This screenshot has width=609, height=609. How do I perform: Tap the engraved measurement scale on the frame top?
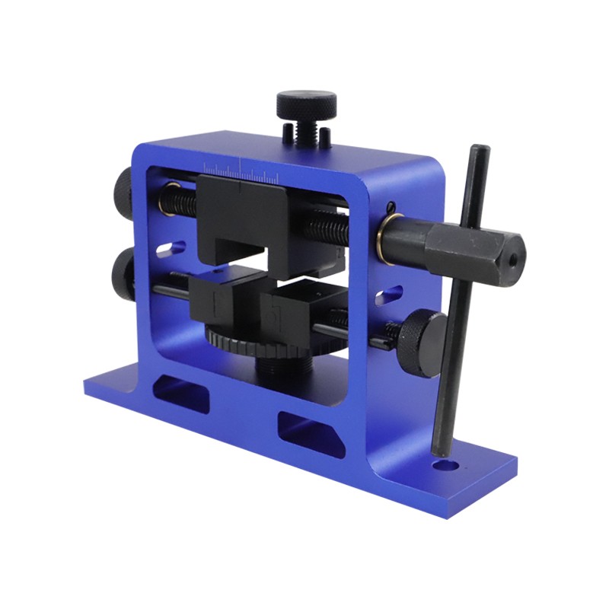point(240,166)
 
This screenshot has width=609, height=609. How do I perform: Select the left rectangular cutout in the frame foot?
point(180,393)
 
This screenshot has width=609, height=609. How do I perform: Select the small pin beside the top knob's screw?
point(326,136)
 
